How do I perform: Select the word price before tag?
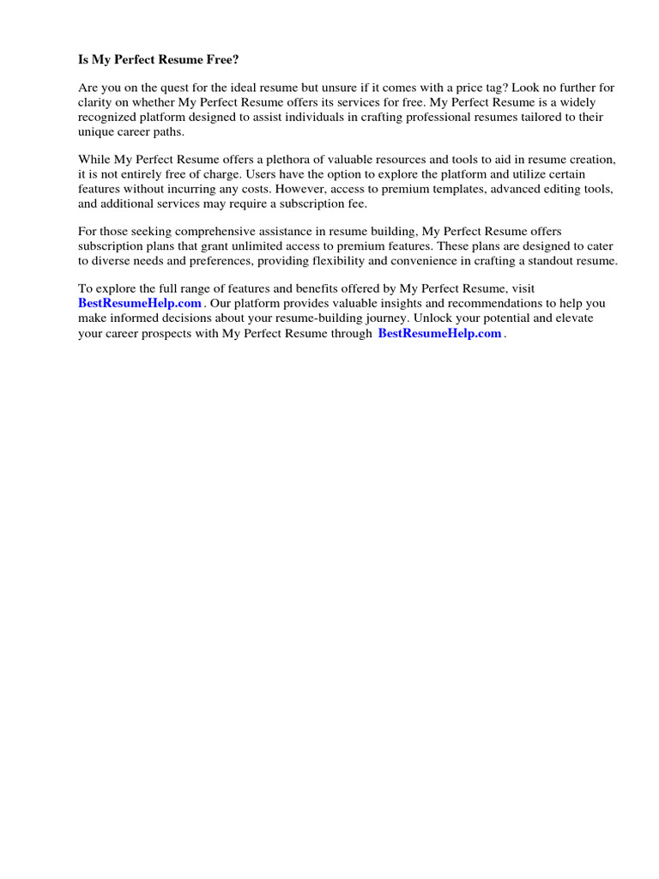tap(447, 88)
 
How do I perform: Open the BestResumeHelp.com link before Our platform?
tap(140, 304)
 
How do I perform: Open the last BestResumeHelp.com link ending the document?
tap(439, 334)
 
